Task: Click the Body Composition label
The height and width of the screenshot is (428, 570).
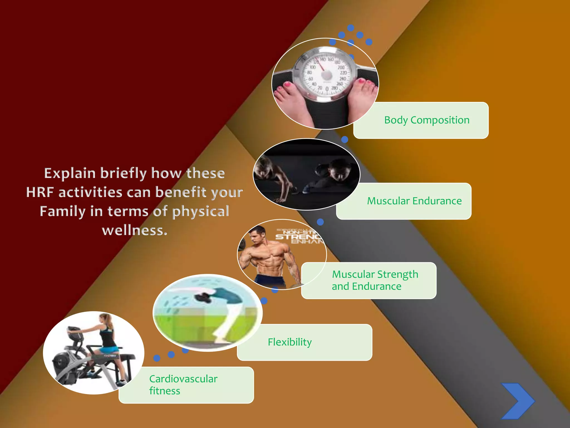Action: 427,120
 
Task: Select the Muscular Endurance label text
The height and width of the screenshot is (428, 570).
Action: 414,201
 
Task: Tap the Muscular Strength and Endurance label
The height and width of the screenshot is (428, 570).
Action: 375,280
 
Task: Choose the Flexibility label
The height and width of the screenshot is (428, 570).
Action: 290,342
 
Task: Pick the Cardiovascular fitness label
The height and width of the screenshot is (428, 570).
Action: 183,385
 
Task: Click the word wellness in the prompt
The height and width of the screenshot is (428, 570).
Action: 134,230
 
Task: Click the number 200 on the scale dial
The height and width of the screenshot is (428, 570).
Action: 341,67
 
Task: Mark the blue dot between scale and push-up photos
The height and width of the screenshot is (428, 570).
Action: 345,139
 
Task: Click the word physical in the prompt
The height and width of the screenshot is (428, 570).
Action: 201,211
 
